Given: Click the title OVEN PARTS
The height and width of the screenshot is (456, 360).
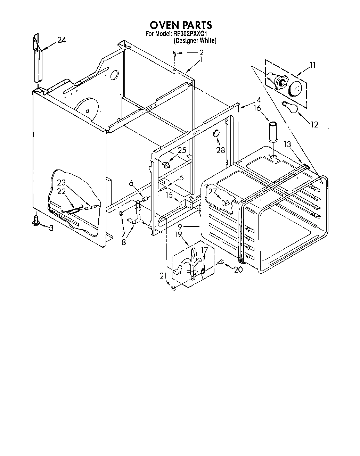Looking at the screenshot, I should [180, 25].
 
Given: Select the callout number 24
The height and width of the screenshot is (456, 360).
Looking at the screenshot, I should [61, 40].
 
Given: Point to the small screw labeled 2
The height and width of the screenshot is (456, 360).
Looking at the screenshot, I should [175, 53].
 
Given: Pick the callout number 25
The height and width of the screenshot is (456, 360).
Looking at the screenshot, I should [182, 150].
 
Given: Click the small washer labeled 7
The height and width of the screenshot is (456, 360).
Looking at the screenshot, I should [121, 213].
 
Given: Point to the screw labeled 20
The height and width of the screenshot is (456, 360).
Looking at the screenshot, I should [220, 263].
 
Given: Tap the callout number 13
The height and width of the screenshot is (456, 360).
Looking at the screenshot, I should [287, 144].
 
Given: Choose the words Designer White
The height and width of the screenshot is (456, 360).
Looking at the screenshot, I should [195, 41].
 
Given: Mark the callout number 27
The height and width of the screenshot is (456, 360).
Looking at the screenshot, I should [213, 191].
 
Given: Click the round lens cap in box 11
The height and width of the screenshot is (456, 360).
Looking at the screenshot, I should [295, 89].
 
